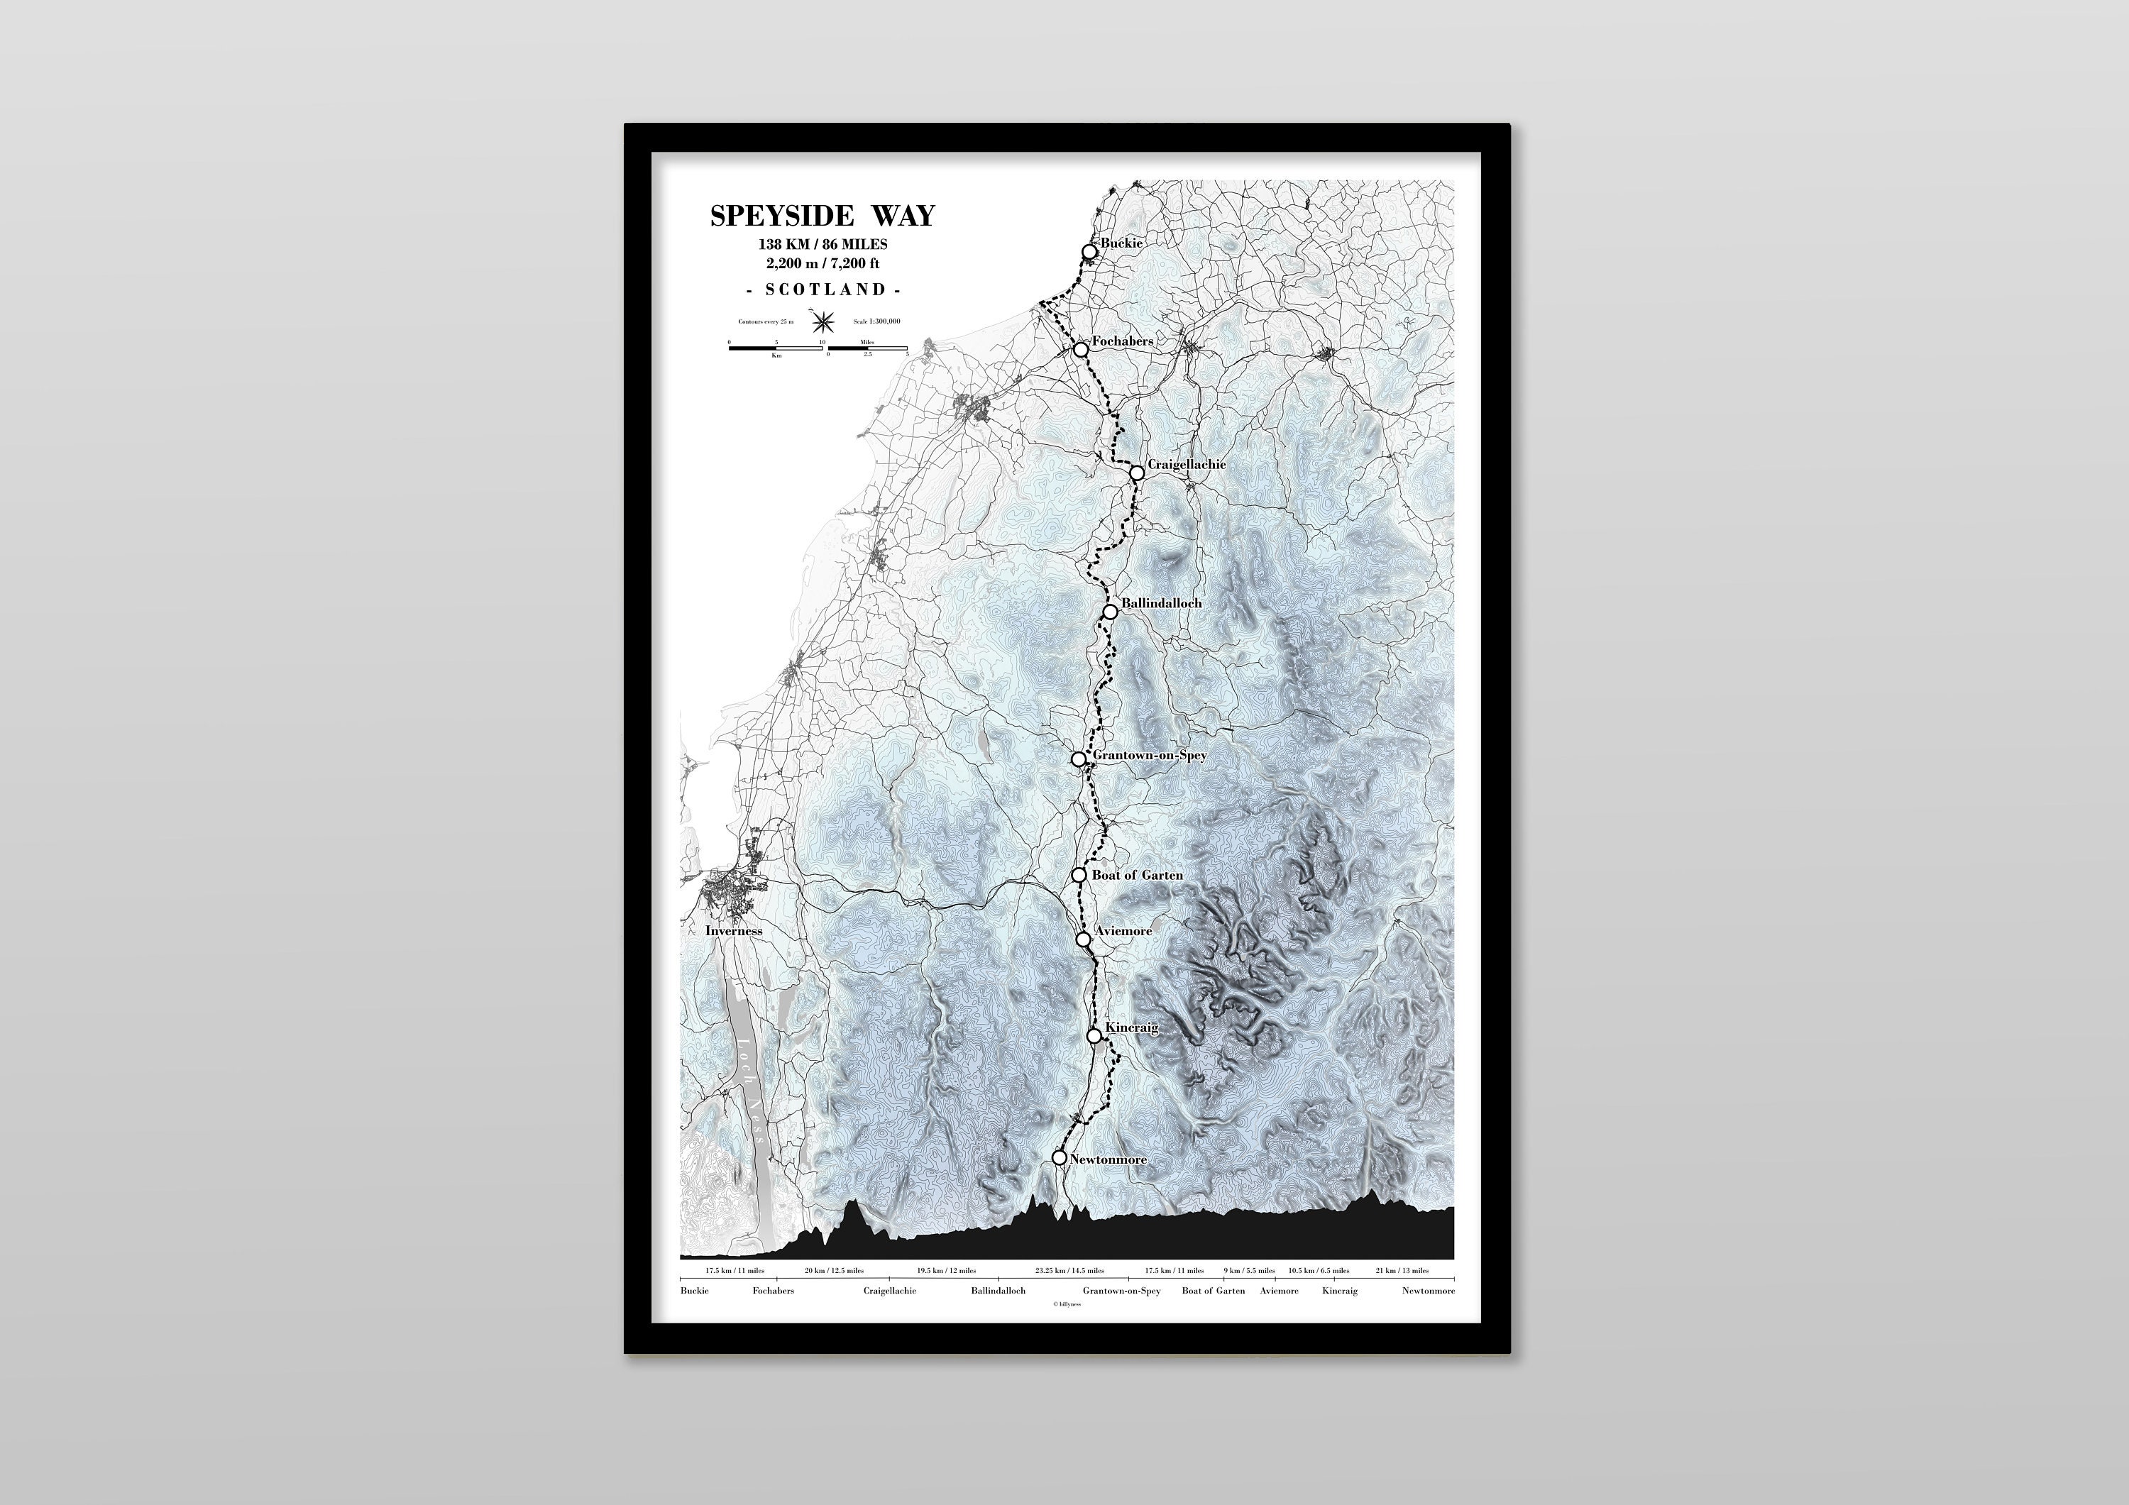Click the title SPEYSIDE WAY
(823, 216)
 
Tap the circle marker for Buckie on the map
(1089, 251)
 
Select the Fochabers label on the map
(1122, 341)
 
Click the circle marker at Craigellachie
(1137, 473)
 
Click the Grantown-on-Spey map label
(1150, 756)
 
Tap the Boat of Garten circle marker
(1079, 874)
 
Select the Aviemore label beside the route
(1123, 931)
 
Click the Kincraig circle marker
(1094, 1036)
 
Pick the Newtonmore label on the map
(1108, 1160)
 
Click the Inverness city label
(734, 931)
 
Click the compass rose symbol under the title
(823, 321)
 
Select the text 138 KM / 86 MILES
(823, 245)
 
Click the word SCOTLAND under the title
(823, 290)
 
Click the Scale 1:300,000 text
(876, 321)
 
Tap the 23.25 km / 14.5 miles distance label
(1069, 1270)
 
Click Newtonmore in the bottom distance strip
(1428, 1291)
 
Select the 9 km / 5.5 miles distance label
(1249, 1270)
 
